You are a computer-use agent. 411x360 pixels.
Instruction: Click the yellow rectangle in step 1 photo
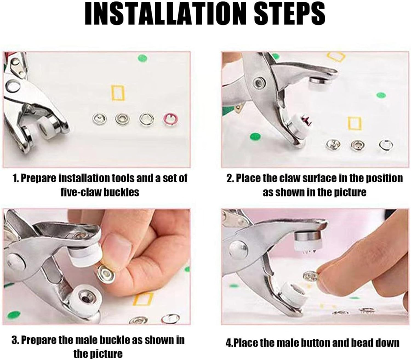(118, 93)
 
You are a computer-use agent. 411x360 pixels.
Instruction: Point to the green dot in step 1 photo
(142, 58)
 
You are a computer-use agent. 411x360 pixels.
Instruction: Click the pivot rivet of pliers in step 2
(258, 82)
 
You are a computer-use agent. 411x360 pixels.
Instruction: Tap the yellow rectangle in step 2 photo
(355, 123)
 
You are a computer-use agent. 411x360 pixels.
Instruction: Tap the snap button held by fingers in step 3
(105, 273)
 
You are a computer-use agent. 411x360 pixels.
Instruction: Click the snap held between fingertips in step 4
(310, 276)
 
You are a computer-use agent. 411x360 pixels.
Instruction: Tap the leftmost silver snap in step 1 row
(97, 119)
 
